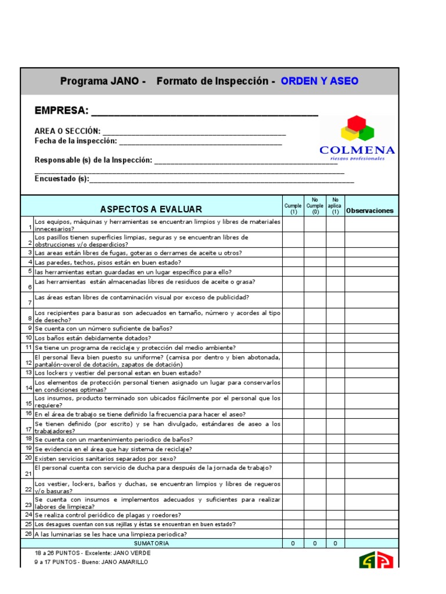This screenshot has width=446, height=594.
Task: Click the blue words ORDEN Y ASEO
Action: [x=319, y=81]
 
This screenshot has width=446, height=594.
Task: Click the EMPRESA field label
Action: [x=62, y=111]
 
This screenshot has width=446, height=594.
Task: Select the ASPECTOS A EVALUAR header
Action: [x=151, y=209]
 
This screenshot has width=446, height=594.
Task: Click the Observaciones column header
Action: [x=369, y=211]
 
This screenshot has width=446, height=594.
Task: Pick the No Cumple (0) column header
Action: [x=315, y=206]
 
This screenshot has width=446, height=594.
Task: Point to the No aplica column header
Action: [x=335, y=206]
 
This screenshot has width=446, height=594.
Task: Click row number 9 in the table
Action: [x=28, y=328]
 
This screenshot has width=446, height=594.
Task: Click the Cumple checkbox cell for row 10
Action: [x=293, y=338]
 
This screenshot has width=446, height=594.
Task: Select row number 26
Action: [x=28, y=534]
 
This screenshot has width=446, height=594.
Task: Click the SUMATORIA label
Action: [x=151, y=544]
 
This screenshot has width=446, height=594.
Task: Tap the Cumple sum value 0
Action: [x=293, y=544]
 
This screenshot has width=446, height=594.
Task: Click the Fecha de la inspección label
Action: [x=76, y=141]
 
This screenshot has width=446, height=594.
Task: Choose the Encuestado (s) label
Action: [x=62, y=179]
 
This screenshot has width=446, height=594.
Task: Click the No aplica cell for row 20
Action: [x=335, y=458]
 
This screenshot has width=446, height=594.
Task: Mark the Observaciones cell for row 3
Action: [x=372, y=253]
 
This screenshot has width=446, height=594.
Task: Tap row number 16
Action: [x=28, y=414]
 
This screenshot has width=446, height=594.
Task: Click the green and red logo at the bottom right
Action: [x=376, y=560]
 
